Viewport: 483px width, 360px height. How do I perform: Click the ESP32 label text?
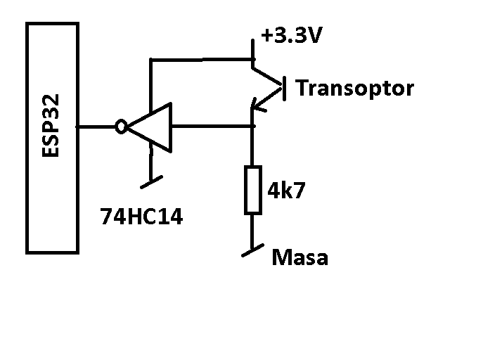point(50,126)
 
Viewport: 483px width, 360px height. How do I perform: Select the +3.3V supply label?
point(291,34)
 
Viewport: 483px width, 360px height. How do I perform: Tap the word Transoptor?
point(354,89)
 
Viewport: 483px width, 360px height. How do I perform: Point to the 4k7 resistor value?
point(286,190)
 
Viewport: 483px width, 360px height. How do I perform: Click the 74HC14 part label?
point(141,216)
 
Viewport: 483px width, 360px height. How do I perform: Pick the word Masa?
point(300,257)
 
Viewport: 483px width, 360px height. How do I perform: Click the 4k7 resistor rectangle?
point(253,190)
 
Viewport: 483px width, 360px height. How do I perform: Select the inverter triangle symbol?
point(150,127)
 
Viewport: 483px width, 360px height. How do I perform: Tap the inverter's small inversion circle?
point(121,127)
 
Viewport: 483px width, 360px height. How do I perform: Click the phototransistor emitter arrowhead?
point(257,105)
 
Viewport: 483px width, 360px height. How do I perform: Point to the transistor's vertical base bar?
point(284,89)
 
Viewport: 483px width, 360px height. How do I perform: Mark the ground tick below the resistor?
point(253,250)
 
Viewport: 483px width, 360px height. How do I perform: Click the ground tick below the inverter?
point(151,182)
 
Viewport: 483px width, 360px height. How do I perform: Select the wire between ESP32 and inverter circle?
point(96,127)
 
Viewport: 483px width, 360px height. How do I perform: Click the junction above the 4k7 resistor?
point(252,126)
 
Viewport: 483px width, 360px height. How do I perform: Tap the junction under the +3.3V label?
point(252,59)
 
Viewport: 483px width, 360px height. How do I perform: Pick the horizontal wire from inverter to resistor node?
point(212,126)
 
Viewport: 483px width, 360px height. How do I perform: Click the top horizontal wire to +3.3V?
point(201,60)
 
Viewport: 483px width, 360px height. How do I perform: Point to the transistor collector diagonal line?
point(267,76)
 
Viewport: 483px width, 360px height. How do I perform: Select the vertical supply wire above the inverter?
point(150,86)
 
